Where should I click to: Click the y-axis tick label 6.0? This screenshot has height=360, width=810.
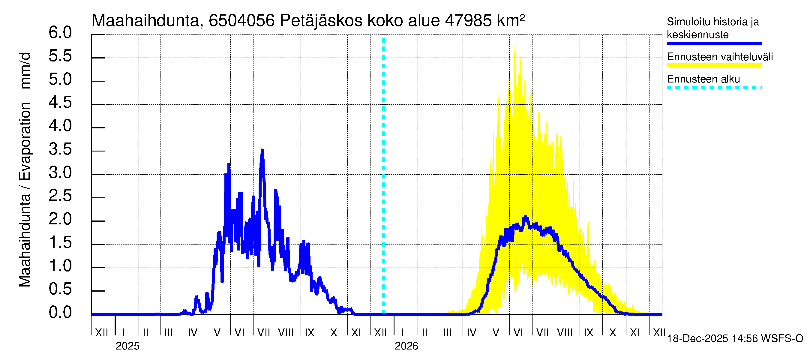click(60, 33)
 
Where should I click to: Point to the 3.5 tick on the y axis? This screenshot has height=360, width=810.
click(60, 149)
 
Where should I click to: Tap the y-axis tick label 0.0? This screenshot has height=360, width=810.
click(60, 313)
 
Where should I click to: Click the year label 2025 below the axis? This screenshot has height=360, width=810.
click(127, 346)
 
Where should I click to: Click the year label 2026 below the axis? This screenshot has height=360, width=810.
click(406, 346)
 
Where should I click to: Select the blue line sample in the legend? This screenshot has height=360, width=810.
click(714, 43)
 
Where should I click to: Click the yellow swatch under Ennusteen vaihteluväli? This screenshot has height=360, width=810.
click(714, 65)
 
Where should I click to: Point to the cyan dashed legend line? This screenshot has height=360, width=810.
click(714, 88)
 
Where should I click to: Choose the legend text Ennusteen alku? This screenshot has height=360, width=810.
click(703, 79)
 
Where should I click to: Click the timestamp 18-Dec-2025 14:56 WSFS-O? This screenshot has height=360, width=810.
click(735, 339)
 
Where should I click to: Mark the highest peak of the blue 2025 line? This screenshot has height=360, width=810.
click(262, 150)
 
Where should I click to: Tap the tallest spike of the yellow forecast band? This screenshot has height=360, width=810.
click(514, 46)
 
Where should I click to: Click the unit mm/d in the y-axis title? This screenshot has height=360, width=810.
click(25, 70)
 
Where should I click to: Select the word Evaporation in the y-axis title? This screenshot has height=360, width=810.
click(25, 141)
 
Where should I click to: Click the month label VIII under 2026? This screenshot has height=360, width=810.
click(564, 333)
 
